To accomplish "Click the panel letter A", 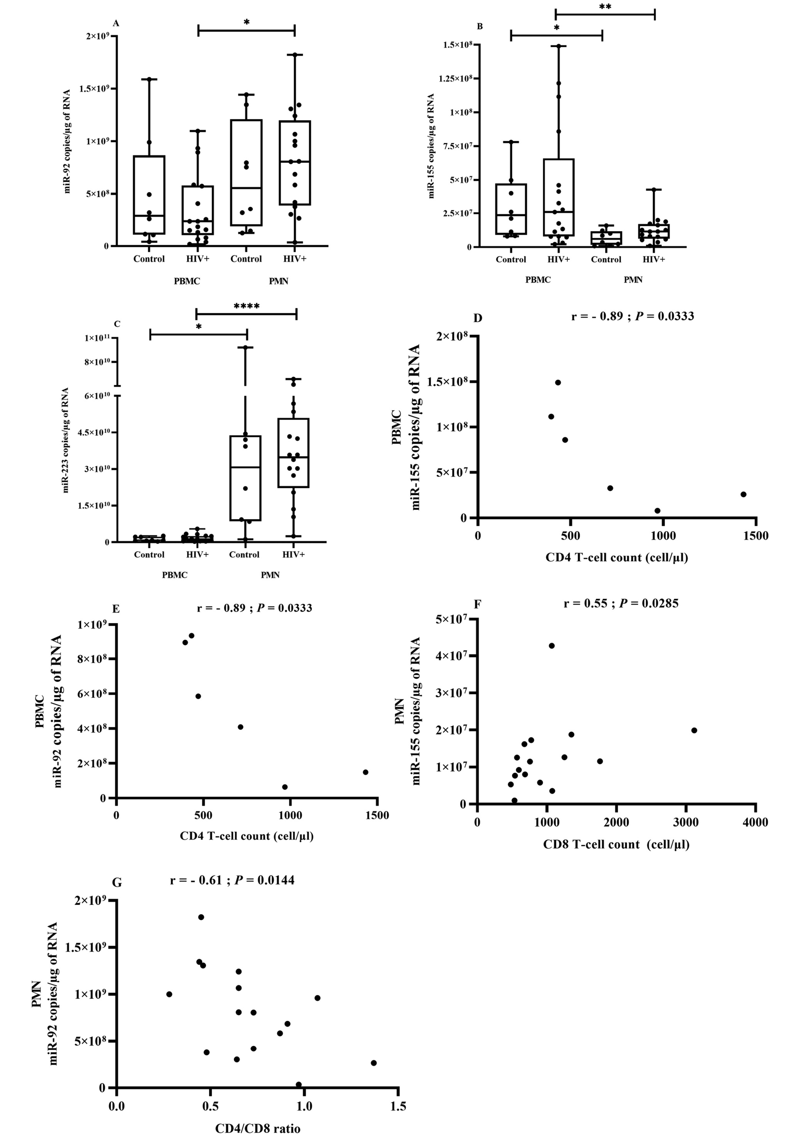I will click(116, 23).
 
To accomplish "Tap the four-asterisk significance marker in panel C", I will click(246, 307).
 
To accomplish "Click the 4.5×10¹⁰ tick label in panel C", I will click(97, 432).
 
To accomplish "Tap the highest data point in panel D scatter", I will click(558, 383).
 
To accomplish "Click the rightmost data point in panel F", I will click(694, 730).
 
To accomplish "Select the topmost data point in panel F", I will click(551, 646).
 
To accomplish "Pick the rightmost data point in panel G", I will click(373, 1063).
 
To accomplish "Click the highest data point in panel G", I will click(201, 917).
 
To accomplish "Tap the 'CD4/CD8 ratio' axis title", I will click(258, 1128).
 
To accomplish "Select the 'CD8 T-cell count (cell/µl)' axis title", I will click(616, 844).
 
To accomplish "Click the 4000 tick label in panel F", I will click(755, 823).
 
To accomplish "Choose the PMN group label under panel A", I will click(279, 281).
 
